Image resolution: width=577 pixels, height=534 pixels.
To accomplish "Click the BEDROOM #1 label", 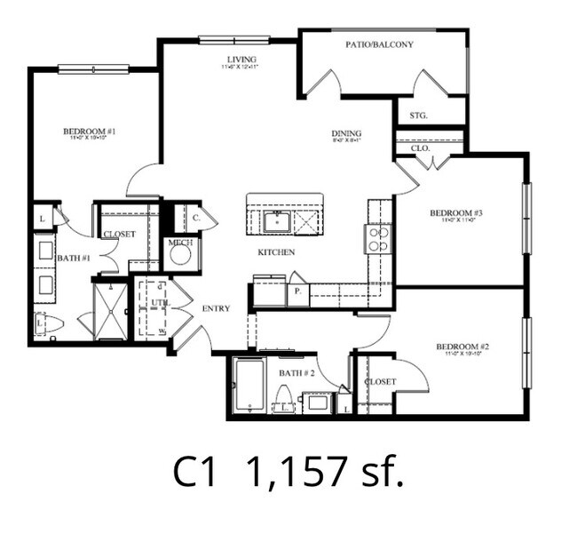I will tap(89, 132).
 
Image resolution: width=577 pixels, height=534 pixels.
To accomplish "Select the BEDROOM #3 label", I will tap(455, 213).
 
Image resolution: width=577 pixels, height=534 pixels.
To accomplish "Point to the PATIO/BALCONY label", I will tap(379, 44).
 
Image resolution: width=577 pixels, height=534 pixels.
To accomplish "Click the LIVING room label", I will tap(241, 60).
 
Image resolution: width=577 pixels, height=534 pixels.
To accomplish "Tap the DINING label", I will tap(346, 134).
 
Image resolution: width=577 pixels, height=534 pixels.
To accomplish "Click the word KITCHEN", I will tap(276, 252).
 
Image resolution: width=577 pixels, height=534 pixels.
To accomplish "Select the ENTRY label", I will tap(216, 308).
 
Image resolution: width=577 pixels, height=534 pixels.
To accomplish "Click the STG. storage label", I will tap(419, 116).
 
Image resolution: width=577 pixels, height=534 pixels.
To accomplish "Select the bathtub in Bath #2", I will tap(249, 387).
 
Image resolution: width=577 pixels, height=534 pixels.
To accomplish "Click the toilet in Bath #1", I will tap(47, 325).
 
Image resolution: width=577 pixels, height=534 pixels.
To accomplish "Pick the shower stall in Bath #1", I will tap(111, 309).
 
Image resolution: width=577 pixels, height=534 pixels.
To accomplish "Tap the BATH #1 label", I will tap(74, 258).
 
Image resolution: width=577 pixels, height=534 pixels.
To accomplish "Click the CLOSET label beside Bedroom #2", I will tap(379, 381).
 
